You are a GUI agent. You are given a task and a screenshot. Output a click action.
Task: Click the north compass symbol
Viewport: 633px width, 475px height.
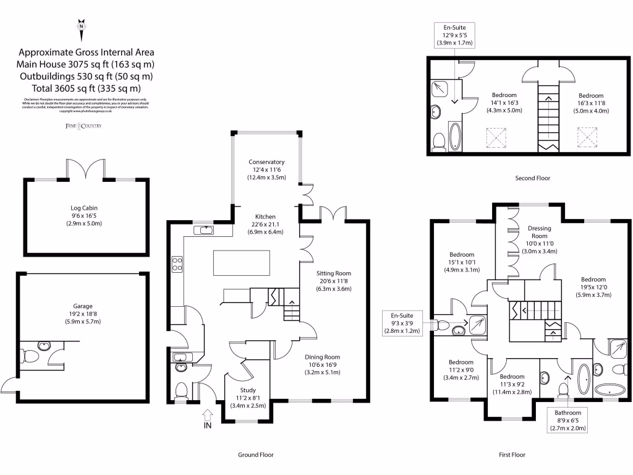click(80, 27)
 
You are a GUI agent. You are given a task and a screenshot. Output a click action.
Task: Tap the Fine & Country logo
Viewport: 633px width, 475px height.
click(83, 126)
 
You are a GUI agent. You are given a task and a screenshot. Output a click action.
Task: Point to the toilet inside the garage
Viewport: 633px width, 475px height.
click(28, 356)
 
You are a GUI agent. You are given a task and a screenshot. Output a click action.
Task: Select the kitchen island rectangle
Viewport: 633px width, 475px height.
click(242, 262)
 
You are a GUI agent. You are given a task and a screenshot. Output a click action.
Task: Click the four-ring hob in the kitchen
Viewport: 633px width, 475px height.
click(176, 264)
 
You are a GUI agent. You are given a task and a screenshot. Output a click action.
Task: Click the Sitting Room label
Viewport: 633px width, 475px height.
click(334, 281)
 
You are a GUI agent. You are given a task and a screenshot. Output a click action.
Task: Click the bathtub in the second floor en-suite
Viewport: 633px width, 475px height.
click(455, 137)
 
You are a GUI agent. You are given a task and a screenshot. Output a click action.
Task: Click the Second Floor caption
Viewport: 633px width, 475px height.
click(532, 178)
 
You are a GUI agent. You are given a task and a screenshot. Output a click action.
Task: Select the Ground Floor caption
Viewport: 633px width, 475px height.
click(256, 455)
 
